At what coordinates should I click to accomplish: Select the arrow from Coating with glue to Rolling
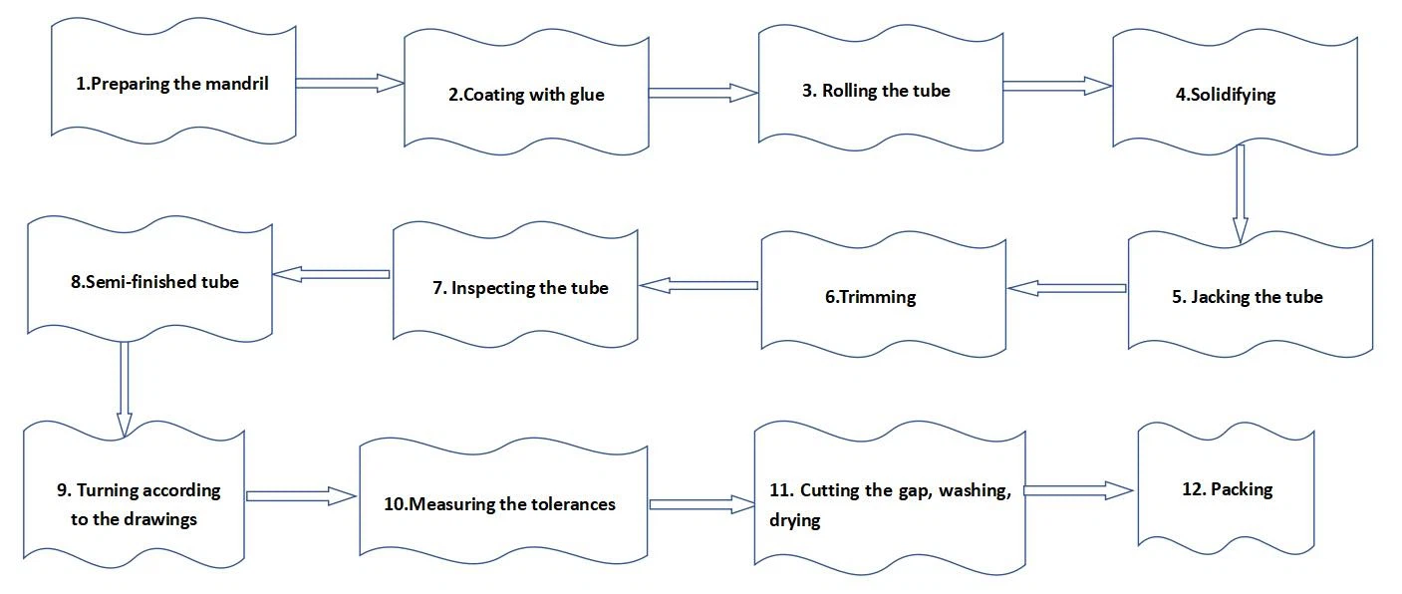click(x=703, y=93)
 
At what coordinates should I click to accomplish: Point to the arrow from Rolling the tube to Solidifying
click(x=1057, y=87)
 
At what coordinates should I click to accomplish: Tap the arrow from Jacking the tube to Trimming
click(x=1067, y=288)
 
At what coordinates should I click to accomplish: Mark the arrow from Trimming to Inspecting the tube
click(x=699, y=286)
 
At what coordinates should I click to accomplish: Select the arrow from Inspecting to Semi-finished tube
click(x=331, y=273)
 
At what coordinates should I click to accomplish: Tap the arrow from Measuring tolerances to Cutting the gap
click(x=701, y=504)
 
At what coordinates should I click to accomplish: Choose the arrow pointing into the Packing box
click(x=1079, y=490)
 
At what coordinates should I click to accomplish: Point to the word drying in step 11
click(x=794, y=520)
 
